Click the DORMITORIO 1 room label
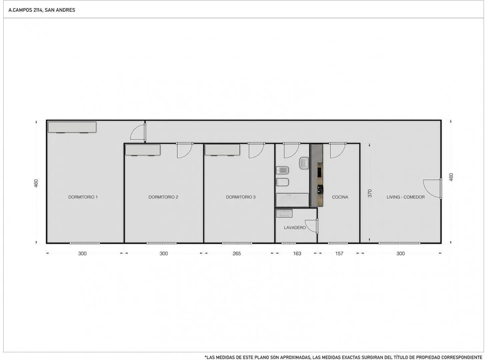pos(83,197)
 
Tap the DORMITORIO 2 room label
pos(163,197)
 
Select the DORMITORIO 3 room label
pos(241,197)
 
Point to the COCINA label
pos(340,197)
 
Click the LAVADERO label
pos(295,228)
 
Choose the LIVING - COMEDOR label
pos(406,197)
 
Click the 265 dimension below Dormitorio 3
pos(237,253)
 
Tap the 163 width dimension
pos(297,253)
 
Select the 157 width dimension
pos(339,253)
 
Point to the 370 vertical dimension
pos(370,193)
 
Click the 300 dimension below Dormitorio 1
pos(82,253)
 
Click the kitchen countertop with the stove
pos(317,175)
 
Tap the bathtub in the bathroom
pos(292,200)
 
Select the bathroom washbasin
pos(304,163)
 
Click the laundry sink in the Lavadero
pos(284,213)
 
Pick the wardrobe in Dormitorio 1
pos(72,127)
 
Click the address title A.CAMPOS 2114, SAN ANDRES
pos(42,10)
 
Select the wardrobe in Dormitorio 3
pos(222,150)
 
